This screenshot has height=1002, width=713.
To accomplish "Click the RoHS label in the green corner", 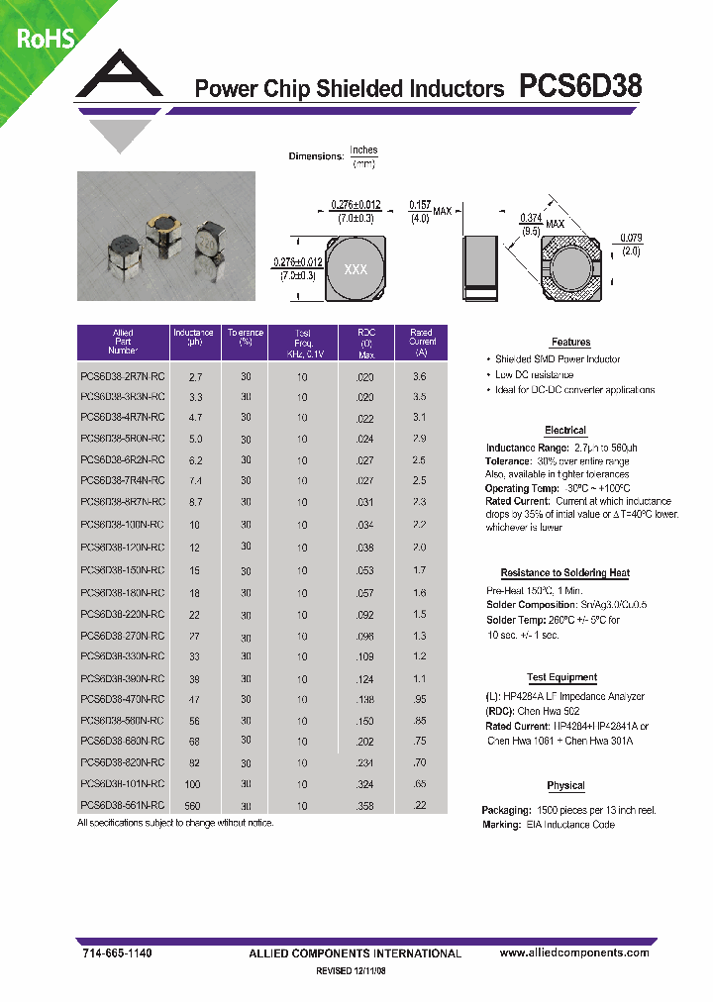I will (45, 39).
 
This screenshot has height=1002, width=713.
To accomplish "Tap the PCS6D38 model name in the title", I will (580, 87).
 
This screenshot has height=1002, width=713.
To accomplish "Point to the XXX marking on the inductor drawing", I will (355, 270).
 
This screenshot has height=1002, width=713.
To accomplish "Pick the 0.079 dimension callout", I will (631, 244).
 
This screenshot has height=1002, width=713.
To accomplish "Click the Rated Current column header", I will (422, 343).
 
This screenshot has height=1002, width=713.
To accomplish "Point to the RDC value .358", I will (365, 806).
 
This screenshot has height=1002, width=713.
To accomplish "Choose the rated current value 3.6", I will (419, 377).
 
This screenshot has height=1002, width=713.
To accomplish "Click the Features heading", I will (570, 343).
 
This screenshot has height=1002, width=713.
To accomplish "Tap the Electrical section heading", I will (565, 431).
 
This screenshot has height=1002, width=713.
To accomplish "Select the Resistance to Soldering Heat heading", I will (564, 573).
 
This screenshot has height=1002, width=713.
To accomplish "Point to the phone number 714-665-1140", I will (116, 952).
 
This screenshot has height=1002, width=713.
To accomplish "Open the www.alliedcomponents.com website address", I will (574, 952).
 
